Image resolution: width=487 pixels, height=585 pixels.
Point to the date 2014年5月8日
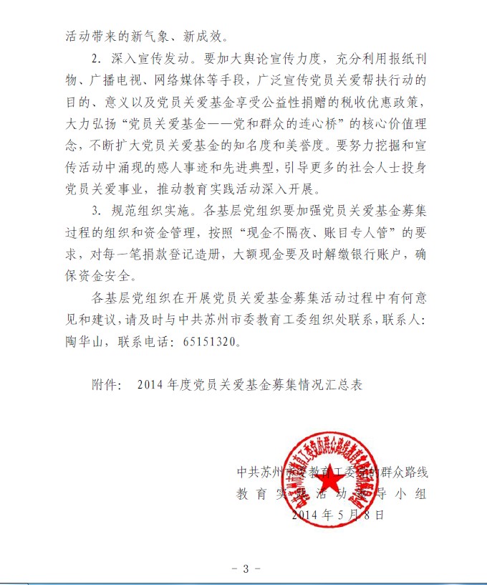[338, 514]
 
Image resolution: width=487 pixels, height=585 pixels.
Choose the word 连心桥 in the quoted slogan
[300, 119]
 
